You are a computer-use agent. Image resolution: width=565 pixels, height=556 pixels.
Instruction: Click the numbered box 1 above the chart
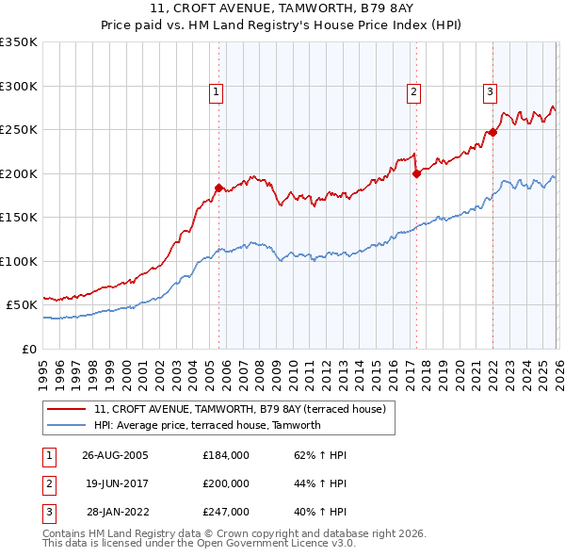pos(217,91)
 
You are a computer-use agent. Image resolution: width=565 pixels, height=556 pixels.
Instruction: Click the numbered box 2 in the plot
pos(413,91)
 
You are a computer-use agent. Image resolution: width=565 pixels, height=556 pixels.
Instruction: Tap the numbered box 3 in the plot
pos(491,91)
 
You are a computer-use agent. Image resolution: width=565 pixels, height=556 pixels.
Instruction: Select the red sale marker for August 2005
pos(219,188)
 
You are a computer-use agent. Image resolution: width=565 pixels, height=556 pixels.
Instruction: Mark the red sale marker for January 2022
pos(492,132)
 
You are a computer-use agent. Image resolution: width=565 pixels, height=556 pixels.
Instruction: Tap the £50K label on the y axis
pos(22,305)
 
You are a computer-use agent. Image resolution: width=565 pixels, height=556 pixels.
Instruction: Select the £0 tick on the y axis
pos(28,349)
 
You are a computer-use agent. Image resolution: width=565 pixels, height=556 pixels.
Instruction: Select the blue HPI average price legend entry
pos(207,425)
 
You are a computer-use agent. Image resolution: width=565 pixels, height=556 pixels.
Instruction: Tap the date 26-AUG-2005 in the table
pos(115,455)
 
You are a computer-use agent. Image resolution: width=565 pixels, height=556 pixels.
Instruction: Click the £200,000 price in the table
pos(225,482)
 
